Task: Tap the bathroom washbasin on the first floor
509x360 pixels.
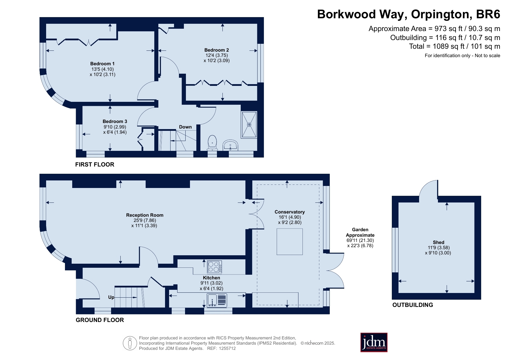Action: (231, 145)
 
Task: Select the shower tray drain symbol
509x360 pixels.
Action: (249, 125)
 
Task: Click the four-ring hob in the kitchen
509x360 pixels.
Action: (215, 267)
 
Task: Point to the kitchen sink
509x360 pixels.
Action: (217, 301)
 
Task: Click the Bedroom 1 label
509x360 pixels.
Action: (102, 64)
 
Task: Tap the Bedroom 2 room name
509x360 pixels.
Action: (217, 50)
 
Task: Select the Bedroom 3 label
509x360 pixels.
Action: (115, 122)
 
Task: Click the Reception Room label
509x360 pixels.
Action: (145, 215)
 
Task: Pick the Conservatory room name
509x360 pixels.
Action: (290, 212)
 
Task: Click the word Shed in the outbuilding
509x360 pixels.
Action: (439, 243)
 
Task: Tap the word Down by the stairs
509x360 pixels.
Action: (185, 127)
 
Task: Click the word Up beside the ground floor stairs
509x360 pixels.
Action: (111, 297)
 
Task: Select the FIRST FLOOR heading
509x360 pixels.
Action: (95, 165)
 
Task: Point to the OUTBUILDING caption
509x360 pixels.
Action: (413, 305)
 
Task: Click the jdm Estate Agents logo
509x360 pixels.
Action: (374, 342)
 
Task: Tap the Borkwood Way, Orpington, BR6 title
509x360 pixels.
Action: (409, 14)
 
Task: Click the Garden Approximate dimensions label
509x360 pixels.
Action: (360, 238)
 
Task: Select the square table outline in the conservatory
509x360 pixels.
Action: (290, 242)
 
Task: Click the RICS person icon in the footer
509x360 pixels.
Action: (130, 343)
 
